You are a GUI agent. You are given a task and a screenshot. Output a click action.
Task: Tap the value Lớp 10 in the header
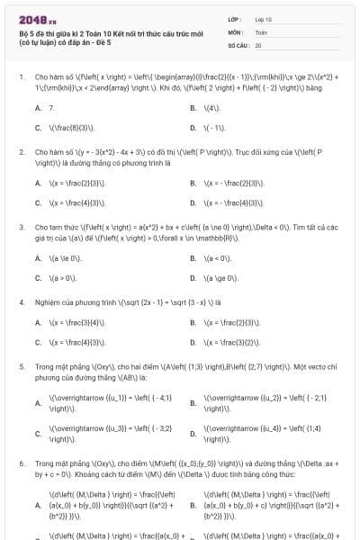[x=263, y=18]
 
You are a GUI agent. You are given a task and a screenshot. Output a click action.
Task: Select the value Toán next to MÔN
[x=261, y=31]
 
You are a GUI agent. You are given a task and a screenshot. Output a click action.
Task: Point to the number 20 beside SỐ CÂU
[x=258, y=44]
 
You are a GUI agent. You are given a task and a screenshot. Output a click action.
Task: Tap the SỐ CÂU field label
[x=238, y=44]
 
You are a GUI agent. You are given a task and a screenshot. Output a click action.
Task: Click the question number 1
[x=21, y=76]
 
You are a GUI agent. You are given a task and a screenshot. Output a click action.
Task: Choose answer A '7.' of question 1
[x=50, y=107]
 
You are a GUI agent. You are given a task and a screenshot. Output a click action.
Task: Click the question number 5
[x=21, y=367]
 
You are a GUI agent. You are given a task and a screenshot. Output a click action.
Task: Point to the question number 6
[x=21, y=460]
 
